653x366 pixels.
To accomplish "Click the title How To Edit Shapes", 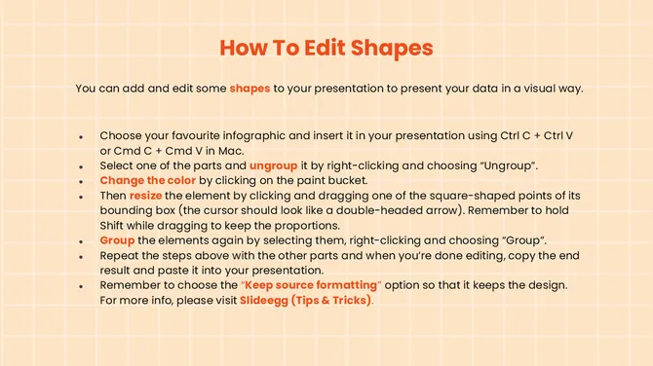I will tap(326, 48).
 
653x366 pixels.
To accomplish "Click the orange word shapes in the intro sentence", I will tap(250, 89).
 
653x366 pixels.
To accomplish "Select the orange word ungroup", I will tap(273, 166).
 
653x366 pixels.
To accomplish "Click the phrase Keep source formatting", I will tap(323, 285).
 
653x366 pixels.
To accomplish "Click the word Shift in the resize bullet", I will tap(115, 225).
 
